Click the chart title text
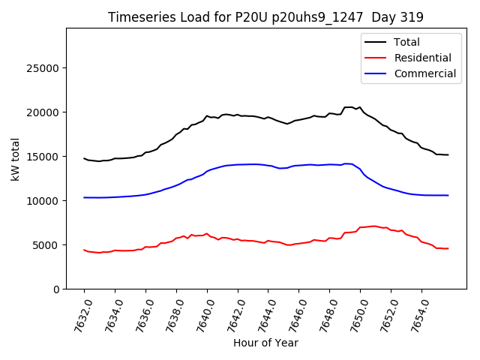pyautogui.click(x=265, y=17)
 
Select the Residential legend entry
pyautogui.click(x=422, y=58)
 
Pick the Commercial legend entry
pyautogui.click(x=424, y=73)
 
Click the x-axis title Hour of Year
pyautogui.click(x=265, y=343)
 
